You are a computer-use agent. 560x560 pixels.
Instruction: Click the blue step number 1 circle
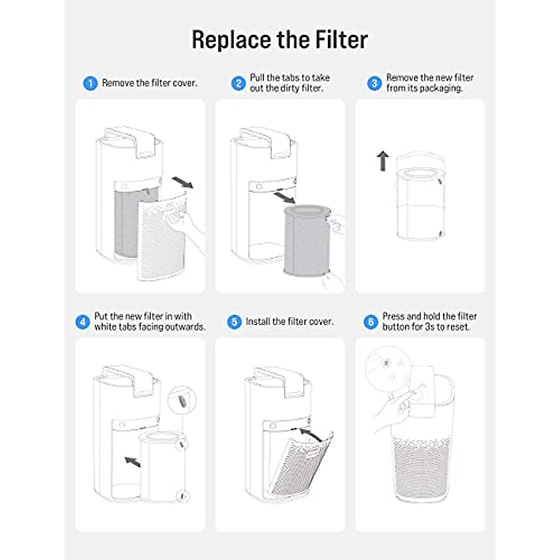tap(90, 84)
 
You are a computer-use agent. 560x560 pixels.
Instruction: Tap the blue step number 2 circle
tap(238, 84)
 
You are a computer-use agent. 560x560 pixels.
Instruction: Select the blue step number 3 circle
tap(374, 84)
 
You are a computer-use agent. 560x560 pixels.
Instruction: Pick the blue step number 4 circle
tap(83, 322)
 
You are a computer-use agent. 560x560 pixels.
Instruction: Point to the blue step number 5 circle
tap(234, 322)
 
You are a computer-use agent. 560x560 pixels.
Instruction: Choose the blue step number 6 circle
tap(371, 322)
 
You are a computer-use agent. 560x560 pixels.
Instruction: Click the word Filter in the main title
tap(341, 40)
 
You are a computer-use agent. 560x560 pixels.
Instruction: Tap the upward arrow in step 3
tap(383, 161)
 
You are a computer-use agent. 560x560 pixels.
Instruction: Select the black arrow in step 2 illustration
tap(284, 197)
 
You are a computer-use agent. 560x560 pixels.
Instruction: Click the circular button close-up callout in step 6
tap(387, 369)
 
